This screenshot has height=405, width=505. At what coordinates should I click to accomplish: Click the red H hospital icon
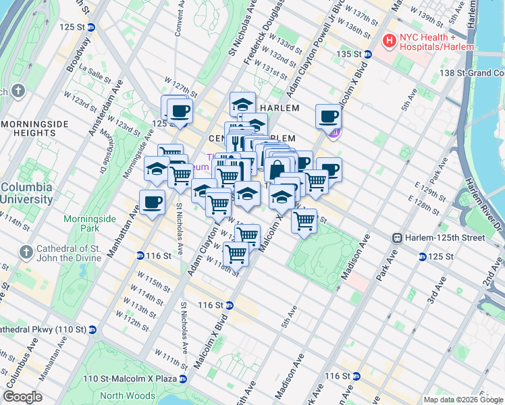[x=389, y=41]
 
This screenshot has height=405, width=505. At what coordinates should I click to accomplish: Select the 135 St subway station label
[x=350, y=54]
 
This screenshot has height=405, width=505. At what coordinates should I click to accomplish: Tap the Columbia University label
[x=27, y=193]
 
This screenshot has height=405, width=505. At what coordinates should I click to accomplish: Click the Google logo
[x=22, y=397]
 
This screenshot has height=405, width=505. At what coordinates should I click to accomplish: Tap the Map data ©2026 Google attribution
[x=463, y=400]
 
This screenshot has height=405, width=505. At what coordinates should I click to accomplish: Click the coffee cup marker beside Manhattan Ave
[x=152, y=202]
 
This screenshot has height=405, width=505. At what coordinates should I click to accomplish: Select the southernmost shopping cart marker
[x=236, y=254]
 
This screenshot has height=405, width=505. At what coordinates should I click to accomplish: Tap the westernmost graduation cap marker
[x=157, y=169]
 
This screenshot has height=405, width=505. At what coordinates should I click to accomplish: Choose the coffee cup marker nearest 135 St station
[x=328, y=117]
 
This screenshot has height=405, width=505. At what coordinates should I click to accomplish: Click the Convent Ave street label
[x=180, y=20]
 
